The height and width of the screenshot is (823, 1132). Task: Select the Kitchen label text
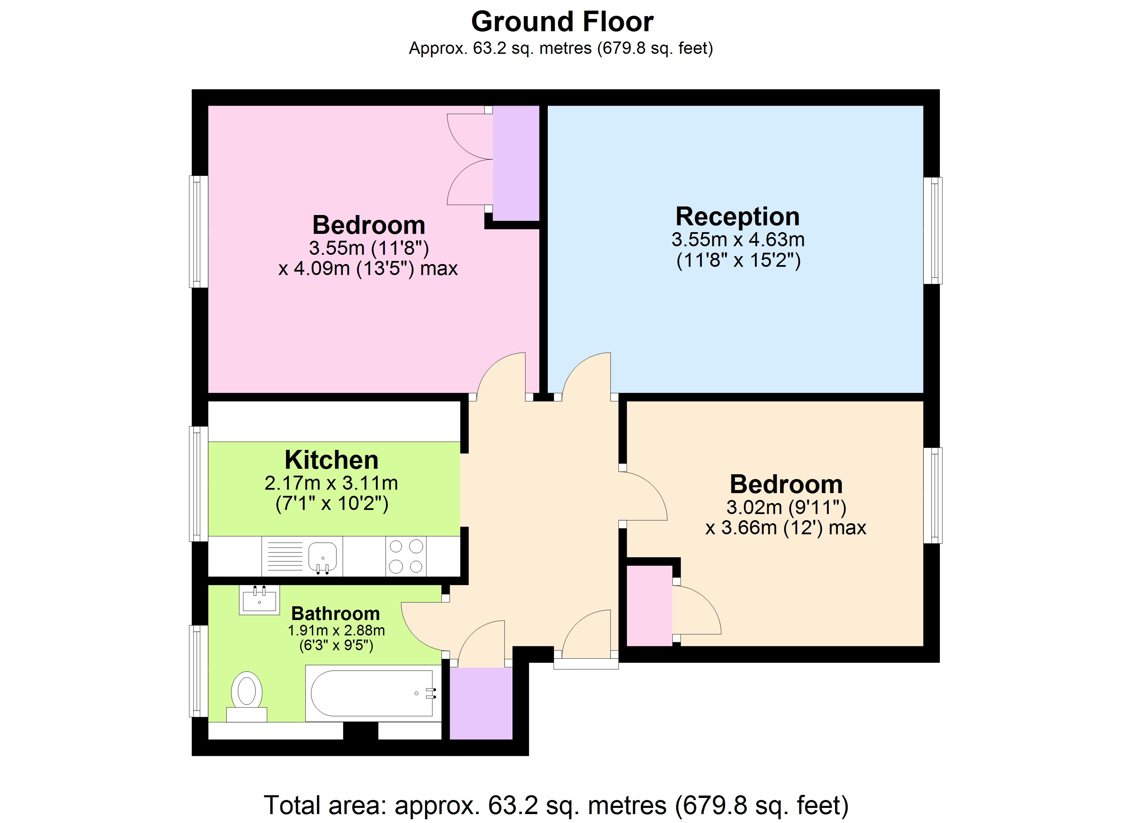pos(331,460)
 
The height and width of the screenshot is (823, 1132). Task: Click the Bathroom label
pos(335,613)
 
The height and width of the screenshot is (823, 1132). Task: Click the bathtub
pos(372,693)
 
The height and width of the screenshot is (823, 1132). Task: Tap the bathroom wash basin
pos(259,599)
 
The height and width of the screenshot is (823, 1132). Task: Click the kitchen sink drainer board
pos(285,556)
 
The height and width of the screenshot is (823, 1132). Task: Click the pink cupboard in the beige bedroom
pos(649,605)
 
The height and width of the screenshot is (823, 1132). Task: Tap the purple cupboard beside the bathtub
pos(481,703)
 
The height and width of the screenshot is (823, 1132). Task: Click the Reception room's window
pos(932,230)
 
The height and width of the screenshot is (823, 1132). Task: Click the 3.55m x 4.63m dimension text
pos(738,240)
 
